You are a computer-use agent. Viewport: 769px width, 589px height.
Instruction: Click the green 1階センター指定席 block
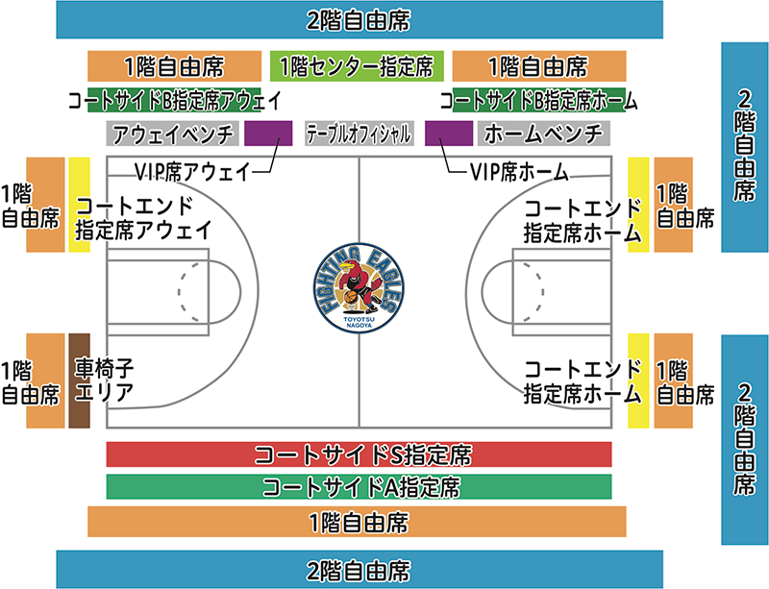[x=357, y=66]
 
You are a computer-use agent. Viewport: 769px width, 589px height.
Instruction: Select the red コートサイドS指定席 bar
[x=359, y=454]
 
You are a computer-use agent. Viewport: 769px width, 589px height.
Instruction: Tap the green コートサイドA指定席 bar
[x=359, y=486]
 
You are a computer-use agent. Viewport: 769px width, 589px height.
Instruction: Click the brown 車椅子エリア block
[x=80, y=380]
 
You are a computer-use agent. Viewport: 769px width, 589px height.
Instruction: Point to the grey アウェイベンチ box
[x=173, y=134]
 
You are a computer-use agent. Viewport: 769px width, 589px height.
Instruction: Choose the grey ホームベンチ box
[x=544, y=134]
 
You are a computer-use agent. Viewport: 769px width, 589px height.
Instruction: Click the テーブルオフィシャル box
[x=359, y=134]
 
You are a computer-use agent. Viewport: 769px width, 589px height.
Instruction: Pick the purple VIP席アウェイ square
[x=268, y=134]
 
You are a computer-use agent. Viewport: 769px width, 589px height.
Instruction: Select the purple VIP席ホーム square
[x=449, y=134]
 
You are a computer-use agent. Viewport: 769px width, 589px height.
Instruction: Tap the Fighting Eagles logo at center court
[x=359, y=288]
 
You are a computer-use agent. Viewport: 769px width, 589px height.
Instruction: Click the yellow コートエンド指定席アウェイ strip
[x=80, y=205]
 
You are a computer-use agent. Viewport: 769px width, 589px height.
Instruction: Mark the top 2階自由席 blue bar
[x=360, y=19]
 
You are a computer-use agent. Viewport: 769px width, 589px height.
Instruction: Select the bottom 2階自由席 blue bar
[x=360, y=570]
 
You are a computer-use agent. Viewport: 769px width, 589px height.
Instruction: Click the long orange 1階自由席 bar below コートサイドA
[x=357, y=522]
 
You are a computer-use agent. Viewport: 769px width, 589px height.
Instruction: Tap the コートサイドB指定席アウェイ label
[x=175, y=101]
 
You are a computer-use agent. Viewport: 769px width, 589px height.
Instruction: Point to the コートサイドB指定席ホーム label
[x=538, y=101]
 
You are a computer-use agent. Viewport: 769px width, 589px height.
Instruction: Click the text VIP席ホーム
[x=519, y=172]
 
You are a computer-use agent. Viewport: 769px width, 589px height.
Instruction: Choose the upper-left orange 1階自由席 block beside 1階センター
[x=175, y=66]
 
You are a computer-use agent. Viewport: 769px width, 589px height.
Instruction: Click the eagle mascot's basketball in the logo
[x=351, y=297]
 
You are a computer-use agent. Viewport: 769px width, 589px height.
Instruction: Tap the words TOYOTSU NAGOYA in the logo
[x=359, y=322]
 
